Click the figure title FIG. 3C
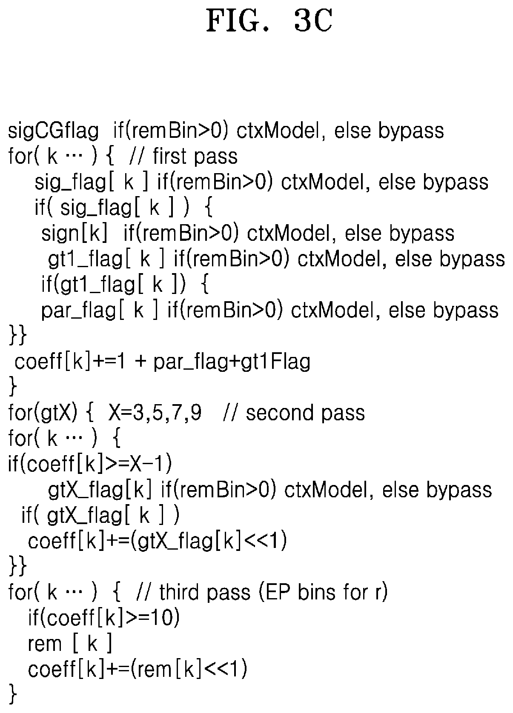(x=269, y=21)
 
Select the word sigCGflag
(x=53, y=131)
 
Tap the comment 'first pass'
(x=195, y=156)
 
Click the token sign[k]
(x=75, y=233)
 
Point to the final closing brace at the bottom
(x=13, y=695)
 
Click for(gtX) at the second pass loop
(x=43, y=413)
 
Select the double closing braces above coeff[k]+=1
(x=18, y=335)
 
